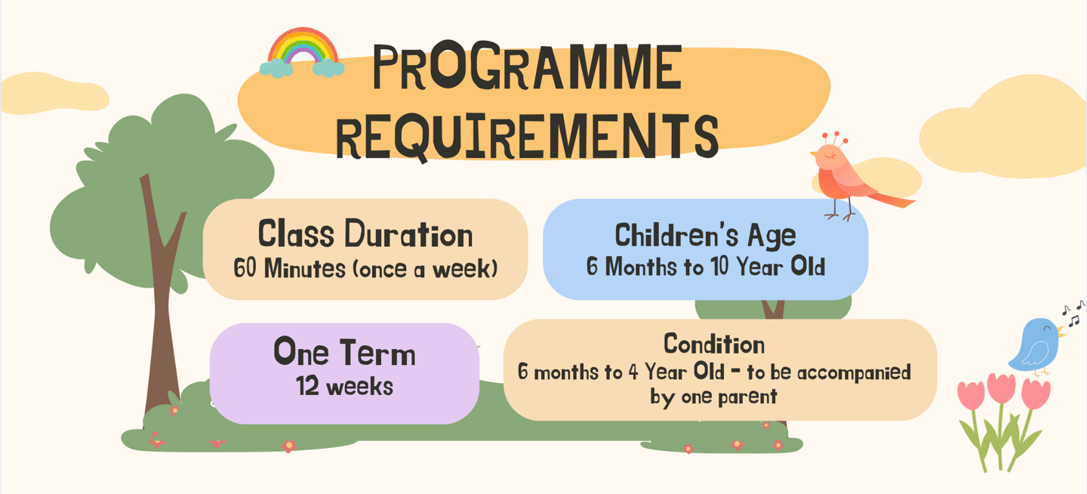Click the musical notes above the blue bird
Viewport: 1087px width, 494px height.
(x=1073, y=313)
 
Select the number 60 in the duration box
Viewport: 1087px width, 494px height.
(x=245, y=267)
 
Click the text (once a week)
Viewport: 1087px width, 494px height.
(x=425, y=269)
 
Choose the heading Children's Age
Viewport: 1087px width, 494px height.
(x=705, y=236)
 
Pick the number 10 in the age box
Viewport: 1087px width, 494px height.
(x=721, y=266)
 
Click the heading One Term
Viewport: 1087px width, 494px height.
(x=344, y=352)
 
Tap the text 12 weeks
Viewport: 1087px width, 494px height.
(x=344, y=387)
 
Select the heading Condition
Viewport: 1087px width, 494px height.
(x=714, y=344)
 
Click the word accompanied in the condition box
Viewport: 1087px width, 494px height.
(x=854, y=373)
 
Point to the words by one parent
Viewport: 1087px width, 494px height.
(x=713, y=397)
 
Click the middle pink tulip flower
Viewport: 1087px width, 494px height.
(x=1001, y=387)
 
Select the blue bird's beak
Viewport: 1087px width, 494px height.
(x=1062, y=333)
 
